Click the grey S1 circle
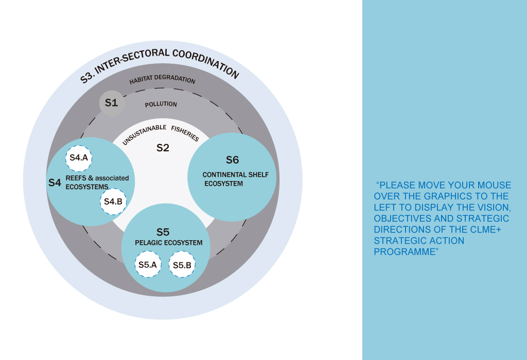click(x=111, y=103)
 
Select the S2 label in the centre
click(x=163, y=148)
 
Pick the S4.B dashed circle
click(x=113, y=202)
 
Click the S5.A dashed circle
click(x=147, y=265)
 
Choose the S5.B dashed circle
click(x=182, y=265)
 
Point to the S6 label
click(x=233, y=160)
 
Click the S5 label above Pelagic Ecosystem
click(x=163, y=232)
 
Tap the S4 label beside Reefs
click(x=55, y=183)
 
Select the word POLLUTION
click(x=161, y=104)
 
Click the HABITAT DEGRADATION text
click(x=162, y=80)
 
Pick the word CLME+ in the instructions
click(x=487, y=230)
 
